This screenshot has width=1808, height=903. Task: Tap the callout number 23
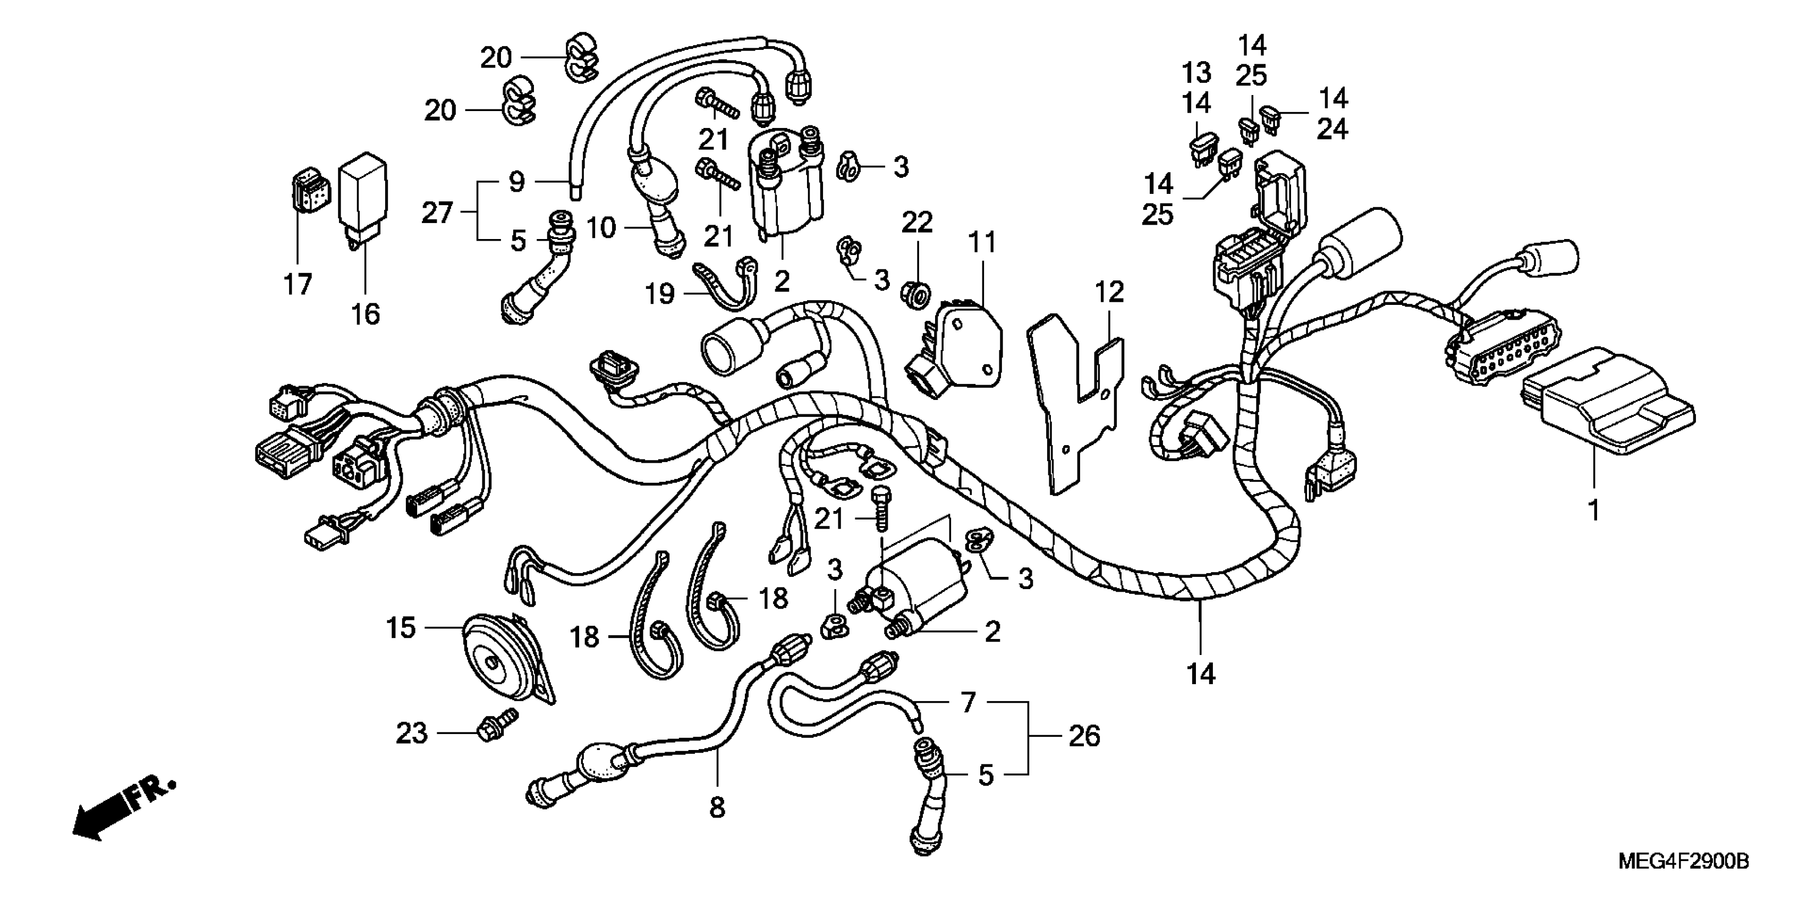[x=411, y=733]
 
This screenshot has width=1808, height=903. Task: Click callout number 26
[x=1084, y=736]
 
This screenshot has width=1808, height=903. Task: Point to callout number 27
[x=437, y=212]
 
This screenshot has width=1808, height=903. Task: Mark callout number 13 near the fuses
[x=1196, y=73]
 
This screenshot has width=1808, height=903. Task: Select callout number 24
[x=1331, y=129]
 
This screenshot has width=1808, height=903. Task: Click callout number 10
[x=601, y=227]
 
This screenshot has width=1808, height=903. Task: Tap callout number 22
[x=916, y=223]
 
